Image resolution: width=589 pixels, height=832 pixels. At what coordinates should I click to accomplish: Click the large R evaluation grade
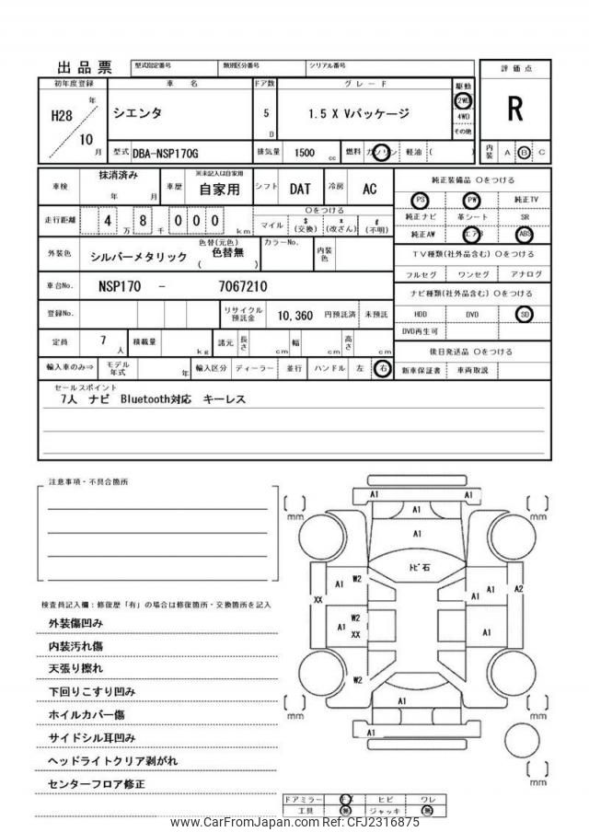point(514,110)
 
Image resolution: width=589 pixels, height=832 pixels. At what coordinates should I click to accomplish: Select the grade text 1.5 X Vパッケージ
point(359,114)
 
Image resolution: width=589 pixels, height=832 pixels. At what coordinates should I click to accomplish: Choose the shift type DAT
point(300,189)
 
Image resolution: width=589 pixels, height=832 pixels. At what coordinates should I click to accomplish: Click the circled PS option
point(421,200)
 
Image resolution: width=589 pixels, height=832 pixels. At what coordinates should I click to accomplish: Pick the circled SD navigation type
point(525,314)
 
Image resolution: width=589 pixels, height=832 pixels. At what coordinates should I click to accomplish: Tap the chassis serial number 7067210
point(244,285)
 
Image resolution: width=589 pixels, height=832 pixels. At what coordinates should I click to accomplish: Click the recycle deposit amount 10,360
point(296,315)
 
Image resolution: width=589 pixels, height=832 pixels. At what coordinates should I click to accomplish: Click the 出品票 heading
point(85,67)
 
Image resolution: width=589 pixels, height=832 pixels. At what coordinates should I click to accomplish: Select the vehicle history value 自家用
point(221,191)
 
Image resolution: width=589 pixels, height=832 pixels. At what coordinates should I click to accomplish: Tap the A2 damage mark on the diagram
point(518,588)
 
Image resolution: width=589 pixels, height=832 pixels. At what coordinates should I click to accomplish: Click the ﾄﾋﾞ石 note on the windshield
point(419,567)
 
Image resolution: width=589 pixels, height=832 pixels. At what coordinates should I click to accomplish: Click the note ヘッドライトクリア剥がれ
point(112,761)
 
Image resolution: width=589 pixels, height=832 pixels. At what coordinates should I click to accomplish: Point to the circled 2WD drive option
point(463,100)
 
